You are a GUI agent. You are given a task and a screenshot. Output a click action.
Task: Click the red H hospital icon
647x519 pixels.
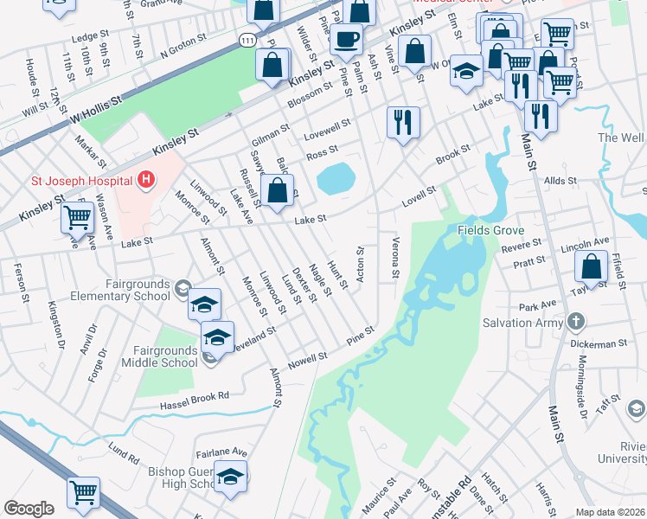tap(146, 180)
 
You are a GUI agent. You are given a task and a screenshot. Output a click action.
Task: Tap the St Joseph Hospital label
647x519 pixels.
tap(81, 181)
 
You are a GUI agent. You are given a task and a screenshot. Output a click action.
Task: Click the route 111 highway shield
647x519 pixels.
tap(247, 41)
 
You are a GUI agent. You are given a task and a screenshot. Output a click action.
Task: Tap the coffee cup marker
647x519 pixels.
tap(347, 39)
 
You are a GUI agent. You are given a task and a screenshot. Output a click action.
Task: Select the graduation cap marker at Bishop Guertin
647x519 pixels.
tap(230, 477)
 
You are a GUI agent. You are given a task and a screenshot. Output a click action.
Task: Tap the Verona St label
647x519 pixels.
tap(395, 259)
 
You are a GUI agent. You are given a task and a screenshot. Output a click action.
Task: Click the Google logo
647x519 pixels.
tap(29, 509)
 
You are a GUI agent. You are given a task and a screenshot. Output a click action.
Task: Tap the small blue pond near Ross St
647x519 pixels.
tap(336, 180)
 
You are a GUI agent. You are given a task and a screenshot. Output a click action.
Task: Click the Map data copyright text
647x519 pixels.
tap(610, 512)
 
